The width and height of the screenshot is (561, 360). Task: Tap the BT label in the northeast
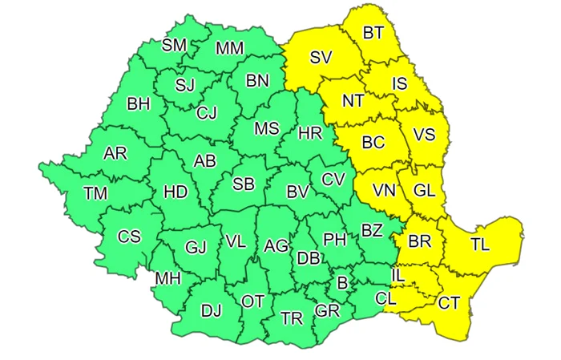(x=373, y=33)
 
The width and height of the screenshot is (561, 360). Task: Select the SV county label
(x=321, y=57)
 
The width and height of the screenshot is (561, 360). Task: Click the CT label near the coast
(x=449, y=302)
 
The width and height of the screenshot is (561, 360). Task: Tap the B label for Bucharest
(x=343, y=281)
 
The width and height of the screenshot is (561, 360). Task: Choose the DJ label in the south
(x=212, y=309)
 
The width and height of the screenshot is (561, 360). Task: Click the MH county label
(x=168, y=278)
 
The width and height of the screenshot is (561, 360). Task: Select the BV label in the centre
(x=298, y=192)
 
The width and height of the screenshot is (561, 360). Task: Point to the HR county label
(x=309, y=133)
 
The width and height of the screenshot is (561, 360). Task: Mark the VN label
(x=384, y=191)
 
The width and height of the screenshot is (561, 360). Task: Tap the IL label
(x=398, y=275)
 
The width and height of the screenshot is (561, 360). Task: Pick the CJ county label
(x=208, y=111)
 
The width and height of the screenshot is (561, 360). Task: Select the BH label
(x=139, y=103)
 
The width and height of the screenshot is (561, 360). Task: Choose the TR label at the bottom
(x=292, y=318)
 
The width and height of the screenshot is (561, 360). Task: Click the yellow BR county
(x=419, y=241)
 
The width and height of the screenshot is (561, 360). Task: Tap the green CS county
(x=129, y=237)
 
